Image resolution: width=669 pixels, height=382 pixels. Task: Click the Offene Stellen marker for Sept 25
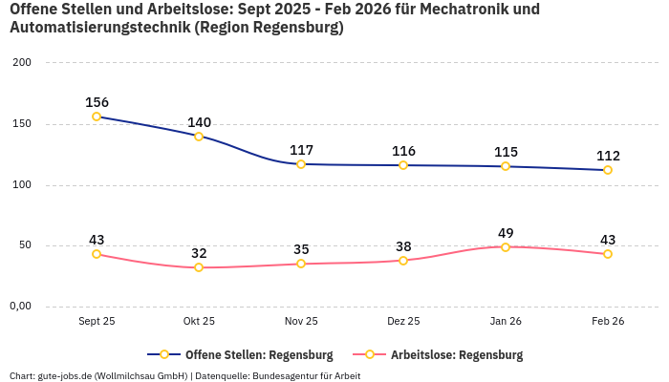pos(97,117)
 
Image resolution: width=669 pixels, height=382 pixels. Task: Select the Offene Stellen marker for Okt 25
pos(199,137)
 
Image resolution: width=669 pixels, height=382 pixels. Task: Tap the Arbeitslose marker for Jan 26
pos(506,246)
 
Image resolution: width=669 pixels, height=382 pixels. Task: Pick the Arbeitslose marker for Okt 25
pos(199,267)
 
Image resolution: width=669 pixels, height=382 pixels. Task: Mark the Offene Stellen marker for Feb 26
pos(608,170)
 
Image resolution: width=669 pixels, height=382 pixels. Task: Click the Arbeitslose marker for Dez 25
pos(403,260)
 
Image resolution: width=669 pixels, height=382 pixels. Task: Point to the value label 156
pos(97,102)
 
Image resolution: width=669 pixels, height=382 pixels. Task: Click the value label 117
pos(301,150)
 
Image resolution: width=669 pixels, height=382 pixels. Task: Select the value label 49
pos(506,232)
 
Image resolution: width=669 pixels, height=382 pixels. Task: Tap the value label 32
pos(199,253)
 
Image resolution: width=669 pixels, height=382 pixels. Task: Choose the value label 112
pos(608,156)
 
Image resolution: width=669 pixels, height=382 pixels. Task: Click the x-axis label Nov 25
pos(301,321)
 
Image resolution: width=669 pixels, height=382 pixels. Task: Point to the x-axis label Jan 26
pos(506,321)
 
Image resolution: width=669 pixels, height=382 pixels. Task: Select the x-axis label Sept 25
pos(97,321)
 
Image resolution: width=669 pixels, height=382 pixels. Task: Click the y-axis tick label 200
pos(21,63)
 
